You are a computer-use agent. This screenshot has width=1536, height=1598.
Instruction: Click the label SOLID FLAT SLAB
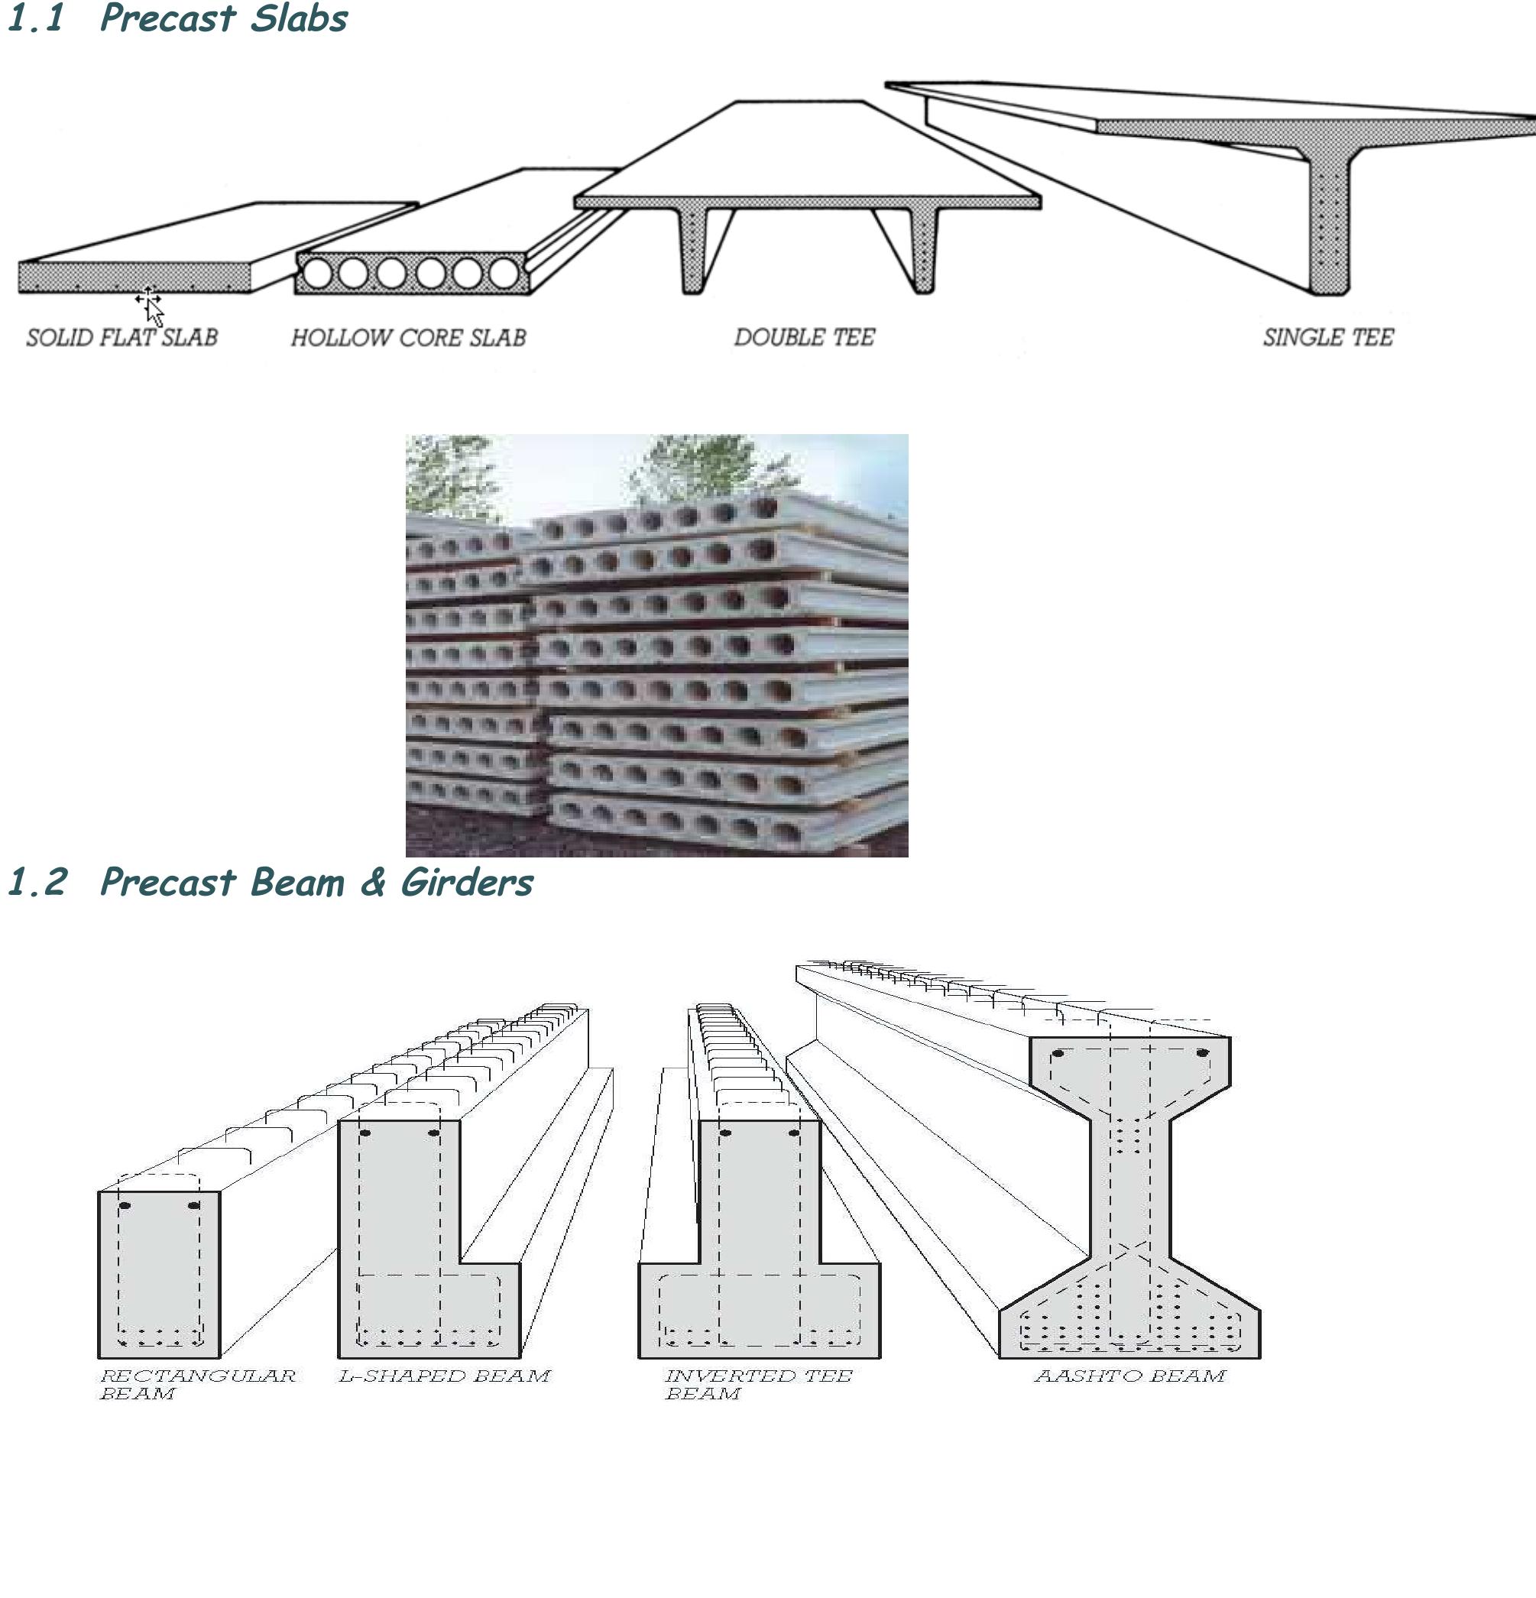click(x=122, y=337)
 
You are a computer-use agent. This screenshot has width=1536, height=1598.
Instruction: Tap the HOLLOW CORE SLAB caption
click(x=409, y=338)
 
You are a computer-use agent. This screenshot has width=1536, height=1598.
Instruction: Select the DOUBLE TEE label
click(x=804, y=337)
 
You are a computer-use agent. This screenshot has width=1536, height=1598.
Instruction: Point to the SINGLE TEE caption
click(x=1328, y=337)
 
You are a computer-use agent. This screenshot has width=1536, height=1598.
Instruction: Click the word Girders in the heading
click(x=466, y=882)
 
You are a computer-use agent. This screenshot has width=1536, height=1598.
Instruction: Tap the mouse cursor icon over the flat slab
click(x=151, y=306)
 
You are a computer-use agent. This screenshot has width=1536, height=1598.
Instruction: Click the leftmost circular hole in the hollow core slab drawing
click(x=318, y=273)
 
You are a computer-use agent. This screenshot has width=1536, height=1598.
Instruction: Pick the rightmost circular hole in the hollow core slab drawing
click(x=504, y=273)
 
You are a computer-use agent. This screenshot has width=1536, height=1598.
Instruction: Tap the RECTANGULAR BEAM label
click(x=196, y=1383)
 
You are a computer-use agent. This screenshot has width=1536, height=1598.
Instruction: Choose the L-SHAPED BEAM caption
click(x=444, y=1376)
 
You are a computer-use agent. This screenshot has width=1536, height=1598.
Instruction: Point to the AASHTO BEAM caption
click(x=1129, y=1376)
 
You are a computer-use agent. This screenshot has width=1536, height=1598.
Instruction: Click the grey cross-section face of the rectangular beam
click(x=159, y=1272)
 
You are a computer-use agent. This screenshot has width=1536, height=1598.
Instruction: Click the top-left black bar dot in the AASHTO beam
click(x=1058, y=1053)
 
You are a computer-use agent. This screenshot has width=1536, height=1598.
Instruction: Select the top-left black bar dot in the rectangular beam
click(x=125, y=1205)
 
